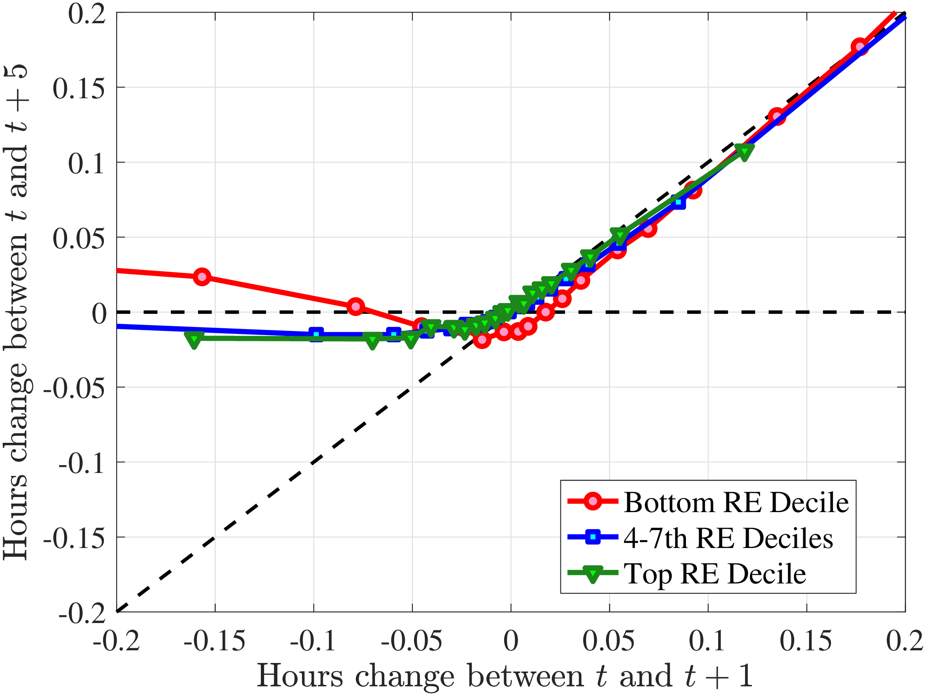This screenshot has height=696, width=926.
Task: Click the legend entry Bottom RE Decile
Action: point(736,502)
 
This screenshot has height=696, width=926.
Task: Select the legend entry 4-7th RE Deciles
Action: point(728,538)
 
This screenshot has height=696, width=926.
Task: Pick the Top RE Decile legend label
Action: point(715,574)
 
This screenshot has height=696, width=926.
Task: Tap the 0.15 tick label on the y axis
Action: point(79,88)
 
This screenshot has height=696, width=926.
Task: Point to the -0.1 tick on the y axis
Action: point(82,463)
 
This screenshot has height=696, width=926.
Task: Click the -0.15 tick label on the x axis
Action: point(214,641)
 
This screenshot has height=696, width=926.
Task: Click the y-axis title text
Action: point(16,312)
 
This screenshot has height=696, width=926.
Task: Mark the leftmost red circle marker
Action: point(202,277)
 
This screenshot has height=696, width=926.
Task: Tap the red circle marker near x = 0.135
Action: point(777,117)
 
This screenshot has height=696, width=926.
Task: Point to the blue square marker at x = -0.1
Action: point(317,335)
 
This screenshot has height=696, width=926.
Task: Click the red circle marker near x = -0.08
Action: point(355,307)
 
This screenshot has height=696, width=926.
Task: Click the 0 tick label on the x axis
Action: point(511,641)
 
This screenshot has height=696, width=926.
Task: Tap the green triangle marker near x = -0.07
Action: point(373,340)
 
